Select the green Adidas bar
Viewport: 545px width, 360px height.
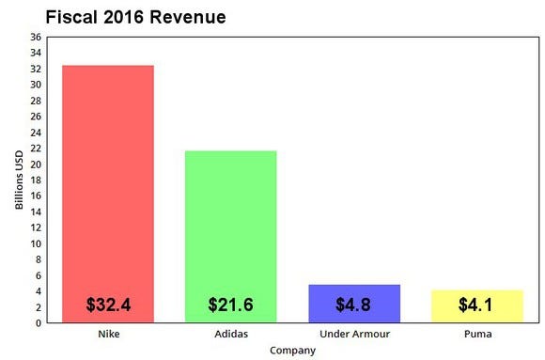point(230,226)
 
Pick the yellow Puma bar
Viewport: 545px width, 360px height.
point(476,298)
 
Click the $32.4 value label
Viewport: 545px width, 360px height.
point(108,305)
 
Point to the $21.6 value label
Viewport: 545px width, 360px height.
point(230,305)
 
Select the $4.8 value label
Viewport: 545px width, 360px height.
point(354,305)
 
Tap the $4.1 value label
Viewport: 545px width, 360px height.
point(476,305)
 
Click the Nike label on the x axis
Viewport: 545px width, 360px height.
point(107,335)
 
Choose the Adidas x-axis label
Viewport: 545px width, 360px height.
point(230,335)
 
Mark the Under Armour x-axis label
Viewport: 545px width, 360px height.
point(354,335)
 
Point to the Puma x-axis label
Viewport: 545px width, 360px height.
point(476,335)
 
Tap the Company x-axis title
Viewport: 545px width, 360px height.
point(292,351)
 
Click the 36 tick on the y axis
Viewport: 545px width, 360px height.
point(36,38)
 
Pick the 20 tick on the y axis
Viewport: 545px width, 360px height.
point(36,164)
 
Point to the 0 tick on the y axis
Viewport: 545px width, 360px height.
point(39,323)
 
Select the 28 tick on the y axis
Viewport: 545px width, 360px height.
point(36,101)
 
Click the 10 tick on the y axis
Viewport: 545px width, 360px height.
point(36,244)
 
